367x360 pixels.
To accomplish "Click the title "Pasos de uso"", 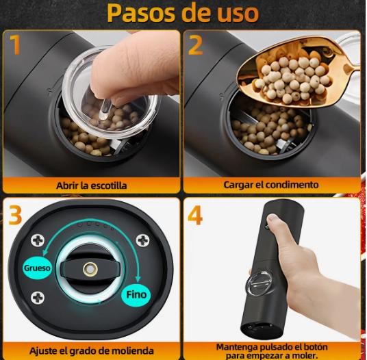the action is coord(183,13).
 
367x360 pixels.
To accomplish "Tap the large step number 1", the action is coord(15,44).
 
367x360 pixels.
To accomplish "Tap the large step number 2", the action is coord(195,45).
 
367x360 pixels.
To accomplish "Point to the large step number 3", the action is coord(16,215).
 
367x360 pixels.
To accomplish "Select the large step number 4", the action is coord(195,215).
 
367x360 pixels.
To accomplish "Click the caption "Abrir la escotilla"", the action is coord(92,185).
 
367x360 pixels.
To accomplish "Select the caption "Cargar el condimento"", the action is coord(271,185).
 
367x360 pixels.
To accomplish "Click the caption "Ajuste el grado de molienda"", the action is coord(92,350).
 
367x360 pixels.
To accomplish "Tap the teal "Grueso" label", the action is coord(37,268).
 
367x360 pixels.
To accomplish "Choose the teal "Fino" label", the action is coord(136,294).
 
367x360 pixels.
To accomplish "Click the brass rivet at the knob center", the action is coord(90,269).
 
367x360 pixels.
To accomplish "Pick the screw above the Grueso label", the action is coord(38,241).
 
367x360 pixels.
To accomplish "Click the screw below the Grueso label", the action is coord(38,298).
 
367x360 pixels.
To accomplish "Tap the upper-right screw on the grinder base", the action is coord(143,241).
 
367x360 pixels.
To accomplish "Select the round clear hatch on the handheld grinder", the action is coord(260,283).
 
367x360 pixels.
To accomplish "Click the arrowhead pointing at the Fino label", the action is coord(138,279).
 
